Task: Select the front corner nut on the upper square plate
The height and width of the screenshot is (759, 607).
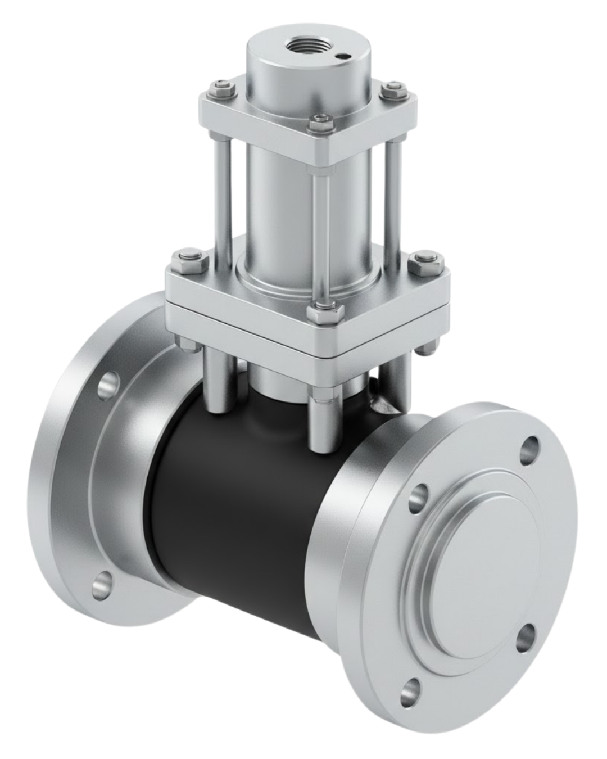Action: (x=320, y=119)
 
